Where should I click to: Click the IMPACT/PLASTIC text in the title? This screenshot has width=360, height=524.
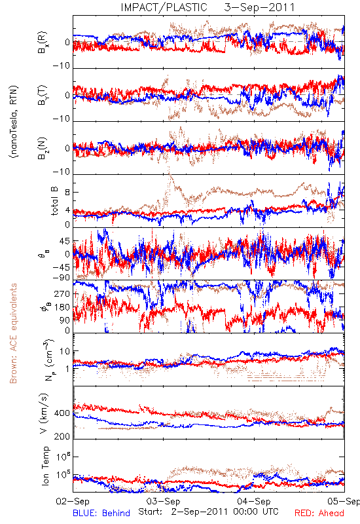pyautogui.click(x=164, y=7)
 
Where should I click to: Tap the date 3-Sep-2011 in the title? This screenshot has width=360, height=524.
pyautogui.click(x=259, y=7)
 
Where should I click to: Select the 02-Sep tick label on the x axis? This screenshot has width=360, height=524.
pyautogui.click(x=73, y=501)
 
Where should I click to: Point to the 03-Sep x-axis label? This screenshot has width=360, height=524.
pyautogui.click(x=164, y=501)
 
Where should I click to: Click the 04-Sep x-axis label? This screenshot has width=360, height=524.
pyautogui.click(x=254, y=501)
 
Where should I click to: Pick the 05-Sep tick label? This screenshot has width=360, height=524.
pyautogui.click(x=344, y=501)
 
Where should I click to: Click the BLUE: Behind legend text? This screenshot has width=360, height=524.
pyautogui.click(x=101, y=514)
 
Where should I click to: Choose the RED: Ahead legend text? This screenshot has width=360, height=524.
pyautogui.click(x=319, y=514)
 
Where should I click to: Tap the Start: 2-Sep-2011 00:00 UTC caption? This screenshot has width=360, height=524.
pyautogui.click(x=208, y=512)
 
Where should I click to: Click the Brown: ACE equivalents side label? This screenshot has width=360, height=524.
pyautogui.click(x=13, y=333)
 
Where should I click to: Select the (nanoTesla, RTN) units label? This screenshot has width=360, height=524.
pyautogui.click(x=14, y=122)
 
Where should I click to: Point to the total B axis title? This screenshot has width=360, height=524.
pyautogui.click(x=54, y=201)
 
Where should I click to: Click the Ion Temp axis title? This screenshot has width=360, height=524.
pyautogui.click(x=45, y=466)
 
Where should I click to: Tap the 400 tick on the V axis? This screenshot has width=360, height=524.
pyautogui.click(x=62, y=413)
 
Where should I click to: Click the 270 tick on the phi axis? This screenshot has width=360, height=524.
pyautogui.click(x=62, y=293)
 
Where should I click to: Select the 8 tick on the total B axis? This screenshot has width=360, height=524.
pyautogui.click(x=67, y=192)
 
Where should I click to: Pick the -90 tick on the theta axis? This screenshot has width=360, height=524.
pyautogui.click(x=62, y=277)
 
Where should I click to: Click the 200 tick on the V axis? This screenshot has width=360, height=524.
pyautogui.click(x=62, y=436)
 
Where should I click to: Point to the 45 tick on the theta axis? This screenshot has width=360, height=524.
pyautogui.click(x=65, y=241)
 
